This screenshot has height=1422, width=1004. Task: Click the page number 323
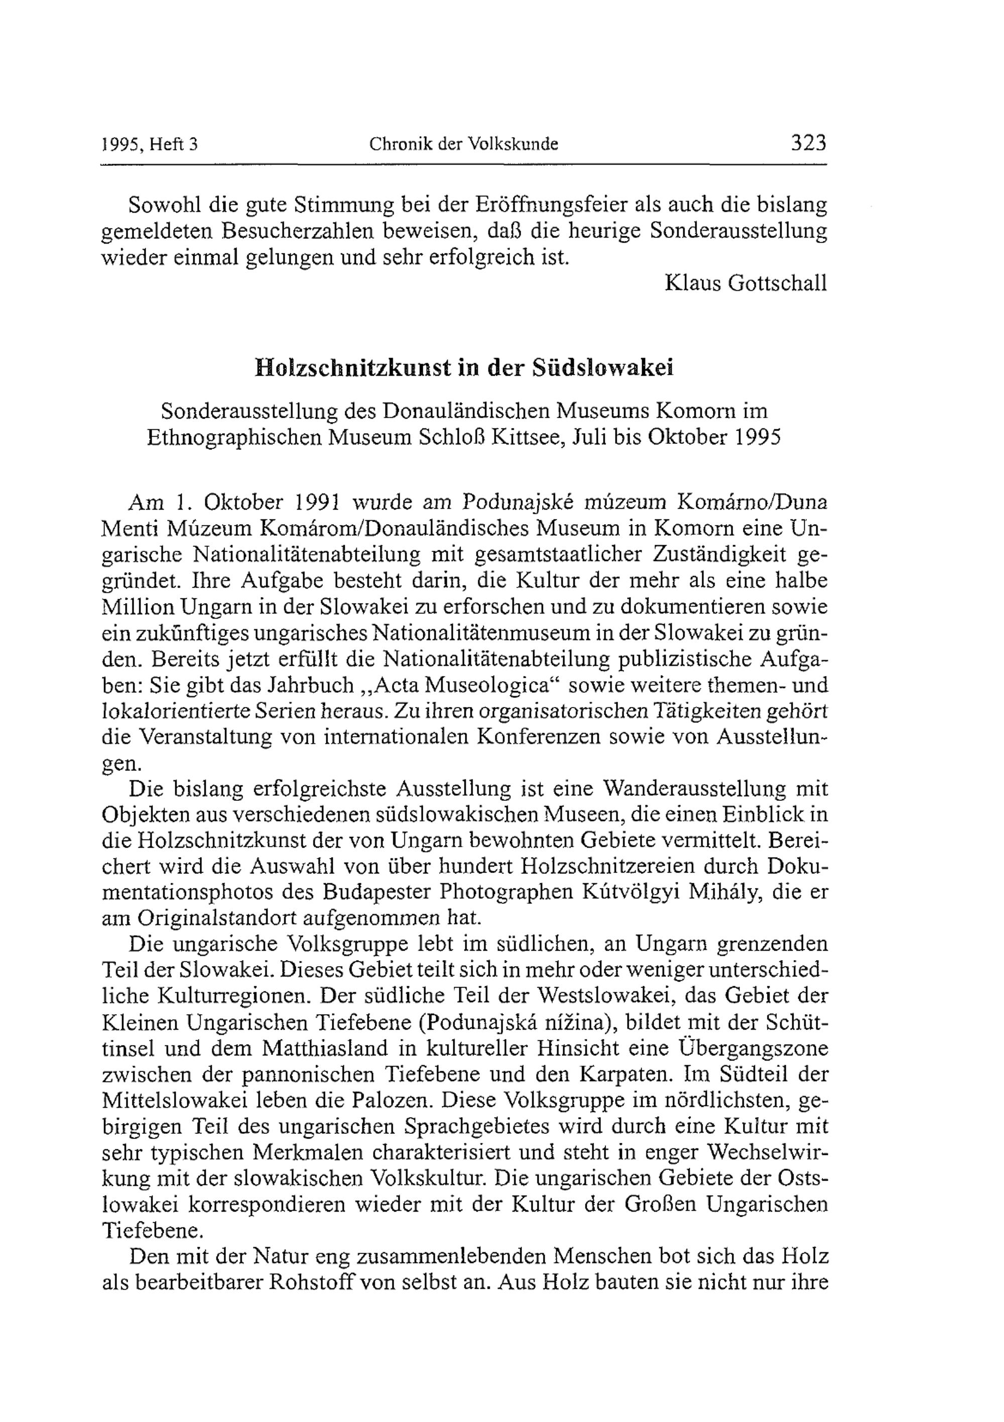[x=808, y=143]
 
